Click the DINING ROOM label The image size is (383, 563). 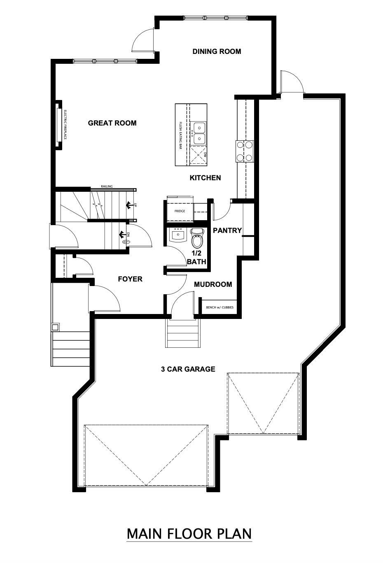[217, 51]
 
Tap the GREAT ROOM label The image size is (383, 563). [112, 123]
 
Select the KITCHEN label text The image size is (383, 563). [205, 178]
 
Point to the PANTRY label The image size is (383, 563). [227, 230]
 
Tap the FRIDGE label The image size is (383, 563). [179, 211]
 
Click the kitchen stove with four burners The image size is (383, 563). [245, 151]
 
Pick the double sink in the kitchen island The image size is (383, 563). [199, 133]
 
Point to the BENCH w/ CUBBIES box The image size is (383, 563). [219, 307]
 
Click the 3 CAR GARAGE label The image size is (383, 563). [188, 369]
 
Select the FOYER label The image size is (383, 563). [130, 279]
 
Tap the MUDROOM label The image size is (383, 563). [213, 284]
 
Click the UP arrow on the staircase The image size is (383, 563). [128, 205]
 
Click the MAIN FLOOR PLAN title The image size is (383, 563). [189, 534]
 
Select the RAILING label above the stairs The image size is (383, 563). [107, 186]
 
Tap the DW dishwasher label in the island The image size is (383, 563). [204, 155]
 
